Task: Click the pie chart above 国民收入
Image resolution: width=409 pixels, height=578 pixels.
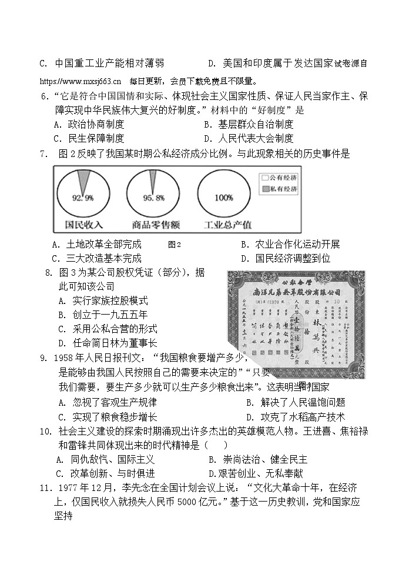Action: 82,193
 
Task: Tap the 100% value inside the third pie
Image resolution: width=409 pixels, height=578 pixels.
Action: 224,198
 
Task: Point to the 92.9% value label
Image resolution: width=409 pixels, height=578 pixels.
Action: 83,198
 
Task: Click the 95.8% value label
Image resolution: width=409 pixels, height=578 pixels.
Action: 153,198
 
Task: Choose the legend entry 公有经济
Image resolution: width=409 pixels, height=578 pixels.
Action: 279,177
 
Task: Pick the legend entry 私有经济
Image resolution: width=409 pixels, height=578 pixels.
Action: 279,189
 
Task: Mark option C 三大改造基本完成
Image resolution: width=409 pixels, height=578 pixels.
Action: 97,258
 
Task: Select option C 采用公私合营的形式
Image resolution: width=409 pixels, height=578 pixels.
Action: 108,329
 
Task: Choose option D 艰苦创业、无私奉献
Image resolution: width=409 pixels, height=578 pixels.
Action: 256,473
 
